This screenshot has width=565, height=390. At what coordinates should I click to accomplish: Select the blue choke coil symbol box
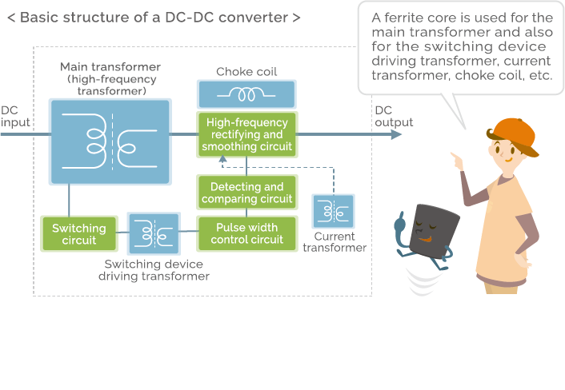click(246, 94)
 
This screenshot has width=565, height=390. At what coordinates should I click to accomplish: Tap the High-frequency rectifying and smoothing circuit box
click(246, 134)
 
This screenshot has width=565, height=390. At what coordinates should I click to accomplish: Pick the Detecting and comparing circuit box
click(246, 193)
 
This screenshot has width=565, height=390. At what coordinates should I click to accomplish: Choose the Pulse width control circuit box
click(246, 233)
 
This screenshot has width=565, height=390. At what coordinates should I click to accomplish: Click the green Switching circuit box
click(78, 233)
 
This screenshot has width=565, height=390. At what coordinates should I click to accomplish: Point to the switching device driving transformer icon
click(153, 233)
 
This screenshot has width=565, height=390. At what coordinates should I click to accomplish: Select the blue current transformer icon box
click(334, 212)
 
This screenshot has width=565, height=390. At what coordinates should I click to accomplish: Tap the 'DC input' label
click(14, 116)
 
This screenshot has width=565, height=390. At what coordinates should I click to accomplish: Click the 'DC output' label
click(394, 116)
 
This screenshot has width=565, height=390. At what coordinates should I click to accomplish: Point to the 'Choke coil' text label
click(246, 72)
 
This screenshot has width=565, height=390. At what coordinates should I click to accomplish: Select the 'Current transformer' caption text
click(335, 242)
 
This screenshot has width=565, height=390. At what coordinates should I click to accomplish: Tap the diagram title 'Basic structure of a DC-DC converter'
click(154, 17)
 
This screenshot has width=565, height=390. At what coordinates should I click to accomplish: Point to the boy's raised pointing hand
click(457, 160)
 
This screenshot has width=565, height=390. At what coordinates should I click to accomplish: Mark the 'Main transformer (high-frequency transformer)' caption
click(110, 78)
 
